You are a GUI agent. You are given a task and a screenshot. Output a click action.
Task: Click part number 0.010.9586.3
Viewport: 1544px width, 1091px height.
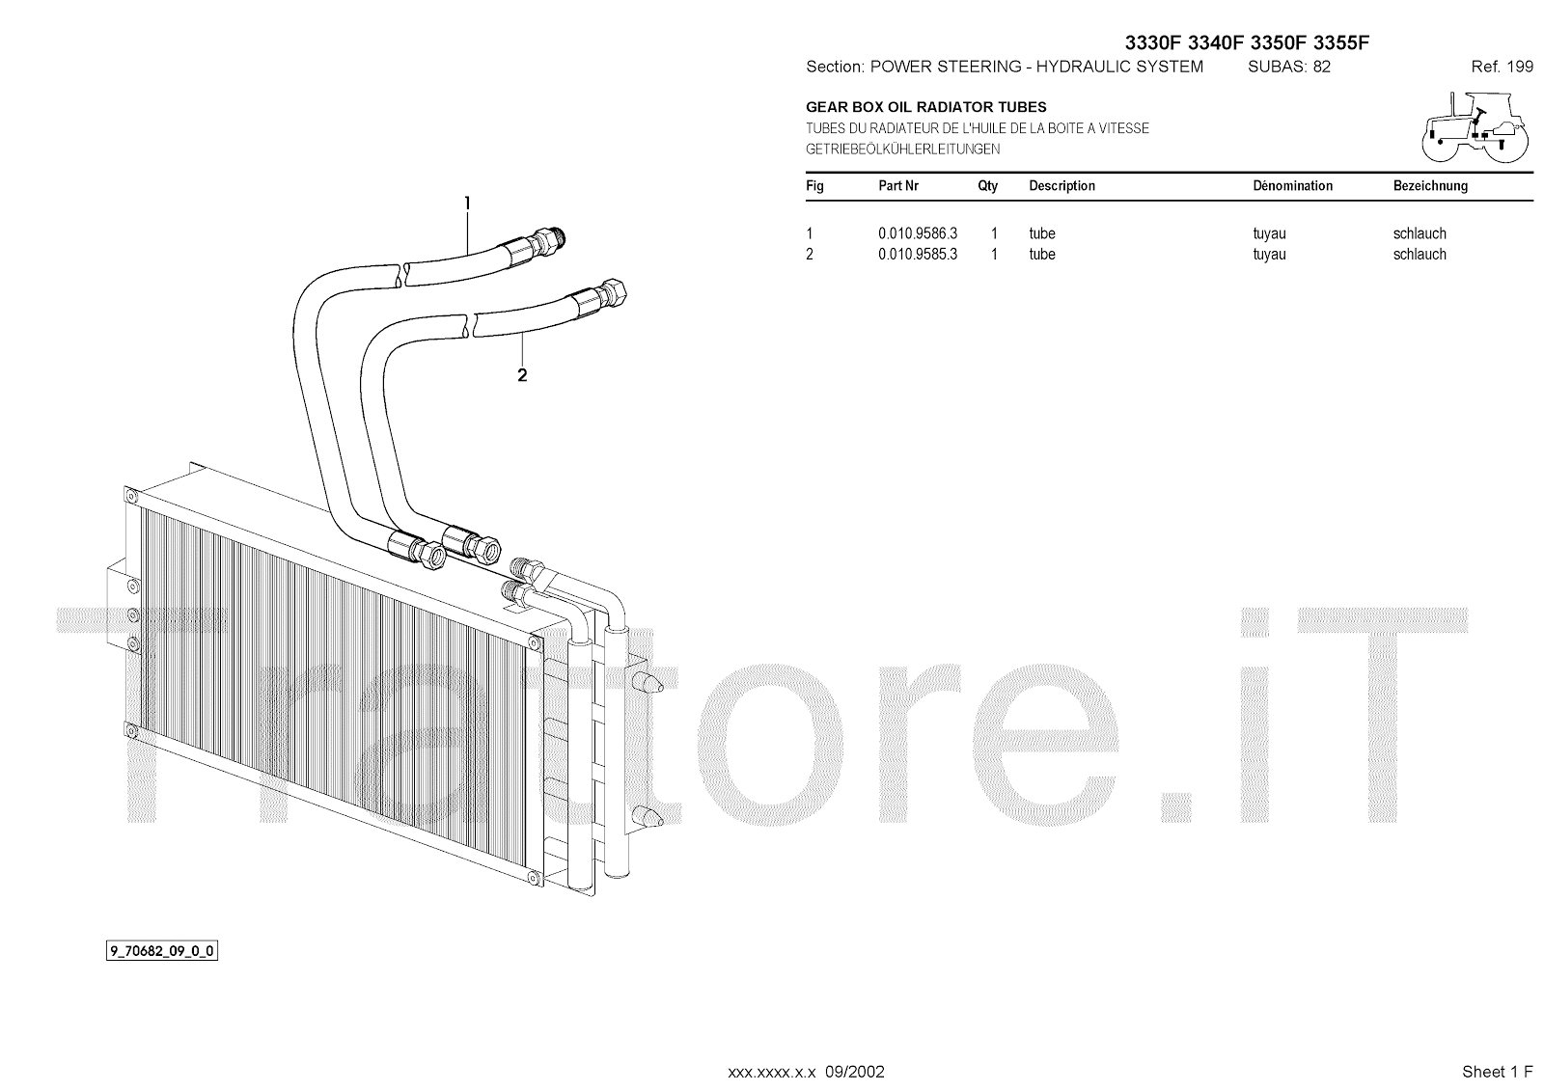(x=917, y=233)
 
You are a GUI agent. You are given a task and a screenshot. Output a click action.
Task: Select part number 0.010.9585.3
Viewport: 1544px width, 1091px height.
(x=917, y=255)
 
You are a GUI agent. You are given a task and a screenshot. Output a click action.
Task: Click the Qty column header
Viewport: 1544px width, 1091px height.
(x=987, y=185)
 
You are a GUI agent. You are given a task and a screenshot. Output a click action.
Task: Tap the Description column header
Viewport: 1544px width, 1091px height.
(x=1061, y=185)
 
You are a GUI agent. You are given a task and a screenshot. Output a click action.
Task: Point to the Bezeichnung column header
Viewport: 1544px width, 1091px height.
(x=1430, y=185)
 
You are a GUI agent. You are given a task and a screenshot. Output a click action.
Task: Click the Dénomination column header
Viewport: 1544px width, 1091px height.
(x=1292, y=185)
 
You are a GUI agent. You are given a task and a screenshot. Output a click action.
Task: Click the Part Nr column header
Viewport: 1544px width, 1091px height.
(x=898, y=185)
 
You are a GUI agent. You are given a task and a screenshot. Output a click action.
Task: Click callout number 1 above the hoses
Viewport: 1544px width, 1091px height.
(x=468, y=204)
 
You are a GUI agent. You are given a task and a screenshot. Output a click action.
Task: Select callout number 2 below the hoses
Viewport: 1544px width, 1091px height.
(x=522, y=375)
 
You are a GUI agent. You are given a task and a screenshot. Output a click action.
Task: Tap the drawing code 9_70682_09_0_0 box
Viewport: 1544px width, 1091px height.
(x=161, y=952)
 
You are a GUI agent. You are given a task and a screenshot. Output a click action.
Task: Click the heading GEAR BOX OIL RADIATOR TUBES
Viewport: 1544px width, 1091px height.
(x=926, y=107)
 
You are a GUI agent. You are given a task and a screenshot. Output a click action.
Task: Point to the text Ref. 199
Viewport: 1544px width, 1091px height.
(x=1502, y=67)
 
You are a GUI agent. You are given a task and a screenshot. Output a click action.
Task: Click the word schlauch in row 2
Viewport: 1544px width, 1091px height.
(x=1420, y=255)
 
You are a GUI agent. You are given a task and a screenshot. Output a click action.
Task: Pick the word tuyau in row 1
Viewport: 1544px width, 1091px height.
(x=1269, y=233)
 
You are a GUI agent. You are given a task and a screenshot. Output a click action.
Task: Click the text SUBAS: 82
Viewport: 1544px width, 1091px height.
(x=1289, y=67)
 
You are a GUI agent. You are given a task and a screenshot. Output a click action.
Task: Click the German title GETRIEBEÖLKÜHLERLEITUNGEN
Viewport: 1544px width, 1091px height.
(x=902, y=150)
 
